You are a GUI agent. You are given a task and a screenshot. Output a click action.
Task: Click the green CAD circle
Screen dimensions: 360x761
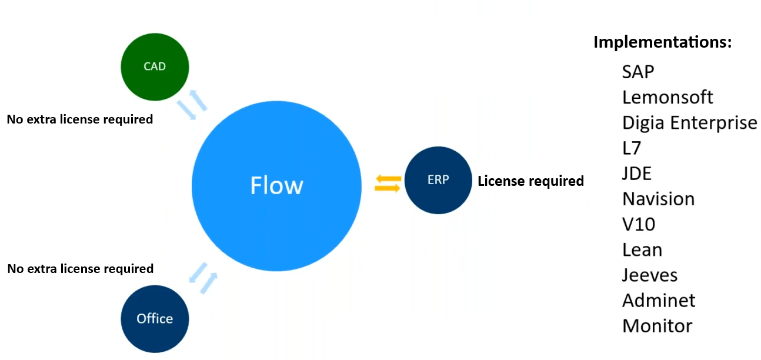click(155, 66)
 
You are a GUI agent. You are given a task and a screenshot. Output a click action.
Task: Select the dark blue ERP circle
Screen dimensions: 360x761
click(438, 180)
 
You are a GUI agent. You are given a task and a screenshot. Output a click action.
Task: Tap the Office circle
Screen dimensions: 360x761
click(155, 318)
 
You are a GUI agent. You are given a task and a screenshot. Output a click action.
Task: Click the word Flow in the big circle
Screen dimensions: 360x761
click(276, 185)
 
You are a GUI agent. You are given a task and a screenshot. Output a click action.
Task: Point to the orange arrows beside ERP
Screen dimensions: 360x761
click(388, 183)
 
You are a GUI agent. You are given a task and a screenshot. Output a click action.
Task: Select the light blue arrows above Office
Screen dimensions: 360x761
click(203, 277)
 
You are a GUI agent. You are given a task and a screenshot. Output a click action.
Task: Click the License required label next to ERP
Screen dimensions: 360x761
click(530, 181)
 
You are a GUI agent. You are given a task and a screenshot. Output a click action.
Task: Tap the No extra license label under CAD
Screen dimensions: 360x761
click(79, 119)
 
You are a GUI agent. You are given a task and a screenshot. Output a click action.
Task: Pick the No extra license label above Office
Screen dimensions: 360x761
click(80, 269)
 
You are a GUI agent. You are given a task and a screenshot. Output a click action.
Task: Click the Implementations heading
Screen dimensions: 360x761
click(662, 42)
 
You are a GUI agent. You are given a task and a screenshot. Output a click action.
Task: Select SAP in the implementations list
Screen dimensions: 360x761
click(638, 72)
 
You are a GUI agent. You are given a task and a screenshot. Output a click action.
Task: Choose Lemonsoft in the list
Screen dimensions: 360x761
click(667, 97)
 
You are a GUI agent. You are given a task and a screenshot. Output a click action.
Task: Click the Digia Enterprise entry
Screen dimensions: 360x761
click(689, 122)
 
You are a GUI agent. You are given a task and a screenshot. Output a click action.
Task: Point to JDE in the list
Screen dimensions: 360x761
click(637, 174)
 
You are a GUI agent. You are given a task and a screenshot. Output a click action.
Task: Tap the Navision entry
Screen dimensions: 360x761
click(658, 199)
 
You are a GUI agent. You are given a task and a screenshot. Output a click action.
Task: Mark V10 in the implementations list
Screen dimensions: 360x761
click(639, 224)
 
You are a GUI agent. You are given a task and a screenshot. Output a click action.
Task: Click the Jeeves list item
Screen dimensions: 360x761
click(650, 275)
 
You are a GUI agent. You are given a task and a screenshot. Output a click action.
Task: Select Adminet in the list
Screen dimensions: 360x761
click(659, 300)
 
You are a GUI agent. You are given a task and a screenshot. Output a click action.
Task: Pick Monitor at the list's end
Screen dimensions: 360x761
click(657, 325)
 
